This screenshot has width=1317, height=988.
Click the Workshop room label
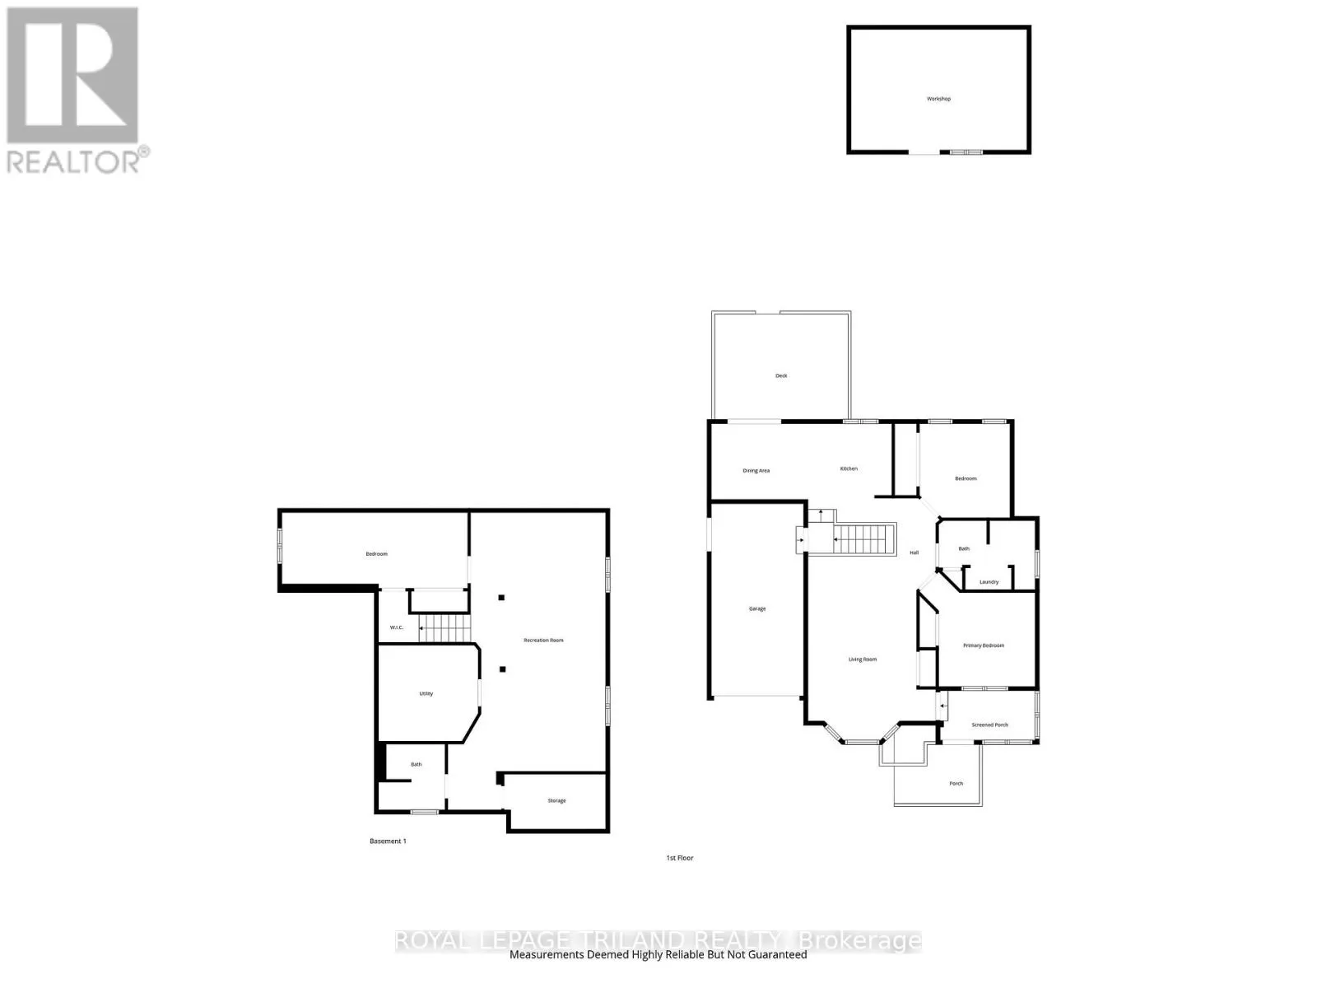(x=938, y=99)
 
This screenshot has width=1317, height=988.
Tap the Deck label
(x=781, y=375)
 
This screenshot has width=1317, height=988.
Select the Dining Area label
(x=756, y=471)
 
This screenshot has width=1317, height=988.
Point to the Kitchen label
(x=849, y=468)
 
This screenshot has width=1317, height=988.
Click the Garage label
(x=757, y=608)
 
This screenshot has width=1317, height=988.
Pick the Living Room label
(x=863, y=659)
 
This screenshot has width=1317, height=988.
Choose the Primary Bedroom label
(x=984, y=645)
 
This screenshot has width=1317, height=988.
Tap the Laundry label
(x=989, y=582)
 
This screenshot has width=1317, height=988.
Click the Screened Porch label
(x=989, y=725)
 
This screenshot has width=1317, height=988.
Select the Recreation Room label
(x=543, y=640)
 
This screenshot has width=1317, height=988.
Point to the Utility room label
(x=426, y=693)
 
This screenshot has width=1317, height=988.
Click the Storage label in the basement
(x=556, y=800)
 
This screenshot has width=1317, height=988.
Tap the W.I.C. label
(x=397, y=627)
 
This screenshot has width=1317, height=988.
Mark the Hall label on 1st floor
(x=914, y=552)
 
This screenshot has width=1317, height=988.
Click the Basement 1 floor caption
(x=388, y=841)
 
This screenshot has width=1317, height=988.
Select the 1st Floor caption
(x=680, y=858)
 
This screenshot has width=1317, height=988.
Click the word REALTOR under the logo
(x=74, y=161)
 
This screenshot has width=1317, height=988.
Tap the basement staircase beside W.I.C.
(x=445, y=630)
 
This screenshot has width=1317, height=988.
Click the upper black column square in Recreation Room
(x=500, y=598)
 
